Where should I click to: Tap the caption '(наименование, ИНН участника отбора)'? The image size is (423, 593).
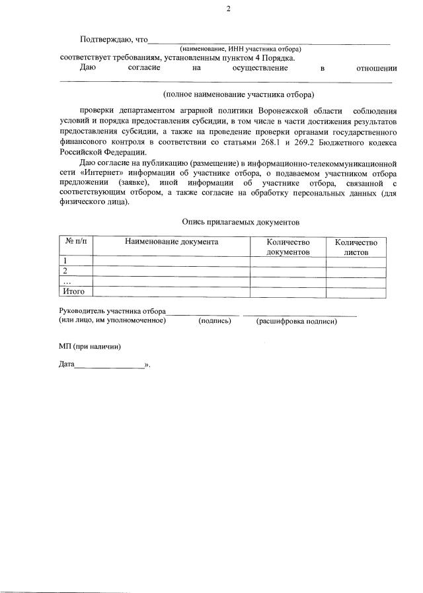(241, 49)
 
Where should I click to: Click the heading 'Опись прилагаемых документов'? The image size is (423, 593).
(241, 223)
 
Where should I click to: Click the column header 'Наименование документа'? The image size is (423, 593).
(171, 242)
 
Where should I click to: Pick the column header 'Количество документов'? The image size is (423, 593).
(288, 248)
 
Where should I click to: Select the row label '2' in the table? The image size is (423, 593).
(65, 271)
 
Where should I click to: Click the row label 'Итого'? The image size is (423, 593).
(73, 291)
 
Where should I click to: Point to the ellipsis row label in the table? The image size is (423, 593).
(67, 281)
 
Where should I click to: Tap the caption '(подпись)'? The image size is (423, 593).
(215, 321)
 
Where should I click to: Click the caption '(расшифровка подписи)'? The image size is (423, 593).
(296, 321)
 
